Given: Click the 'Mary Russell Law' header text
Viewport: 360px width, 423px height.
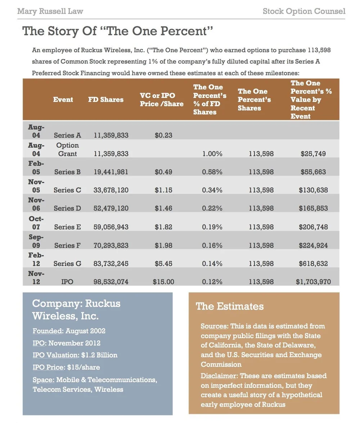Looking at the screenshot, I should (50, 11).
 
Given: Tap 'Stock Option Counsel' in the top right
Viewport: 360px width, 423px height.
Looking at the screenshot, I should (304, 11).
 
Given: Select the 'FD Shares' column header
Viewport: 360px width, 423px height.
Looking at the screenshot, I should (105, 100).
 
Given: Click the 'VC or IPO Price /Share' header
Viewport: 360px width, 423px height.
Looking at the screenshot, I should (162, 100).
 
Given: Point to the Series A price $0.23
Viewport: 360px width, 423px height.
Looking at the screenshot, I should (163, 135).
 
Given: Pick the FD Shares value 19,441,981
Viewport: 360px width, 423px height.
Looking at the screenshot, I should (111, 172).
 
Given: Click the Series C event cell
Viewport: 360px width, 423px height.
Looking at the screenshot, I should (67, 190).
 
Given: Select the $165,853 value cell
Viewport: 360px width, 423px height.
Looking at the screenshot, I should (313, 208).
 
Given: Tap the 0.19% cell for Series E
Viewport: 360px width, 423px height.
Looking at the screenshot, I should (212, 227).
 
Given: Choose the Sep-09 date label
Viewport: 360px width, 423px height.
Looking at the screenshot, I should (36, 241).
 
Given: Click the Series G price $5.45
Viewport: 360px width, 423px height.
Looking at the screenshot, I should (163, 264).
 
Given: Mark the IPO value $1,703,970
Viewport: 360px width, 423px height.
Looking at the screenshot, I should (313, 282).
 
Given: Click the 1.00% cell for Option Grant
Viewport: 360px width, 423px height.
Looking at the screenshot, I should (212, 154).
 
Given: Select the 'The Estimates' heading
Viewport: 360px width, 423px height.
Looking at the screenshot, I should (230, 306).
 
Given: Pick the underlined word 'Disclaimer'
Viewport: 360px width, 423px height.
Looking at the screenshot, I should (219, 376).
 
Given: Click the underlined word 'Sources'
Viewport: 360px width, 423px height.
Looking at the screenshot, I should (214, 326).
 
